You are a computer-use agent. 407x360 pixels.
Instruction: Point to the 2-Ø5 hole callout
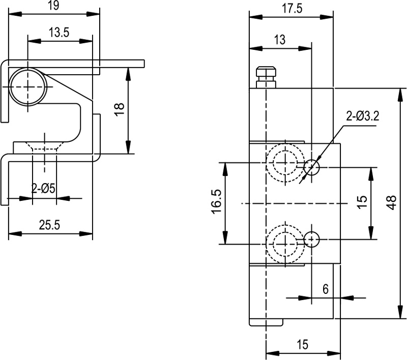[43, 189]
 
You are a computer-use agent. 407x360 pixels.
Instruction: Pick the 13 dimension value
[279, 39]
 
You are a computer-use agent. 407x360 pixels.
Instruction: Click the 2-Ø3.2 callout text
[362, 116]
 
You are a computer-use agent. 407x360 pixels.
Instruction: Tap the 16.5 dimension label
[216, 202]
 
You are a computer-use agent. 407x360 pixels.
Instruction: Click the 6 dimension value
[326, 289]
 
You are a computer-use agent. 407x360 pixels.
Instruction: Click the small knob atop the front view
[266, 77]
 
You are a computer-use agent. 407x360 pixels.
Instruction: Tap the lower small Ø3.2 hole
[311, 239]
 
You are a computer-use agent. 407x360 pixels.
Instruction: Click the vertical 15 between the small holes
[361, 202]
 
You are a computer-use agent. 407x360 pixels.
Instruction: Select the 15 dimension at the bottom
[302, 345]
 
